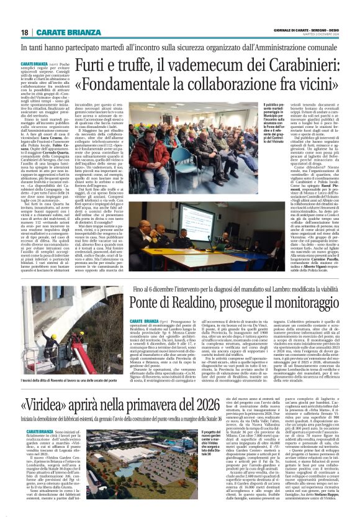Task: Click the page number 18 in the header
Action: point(25,32)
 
